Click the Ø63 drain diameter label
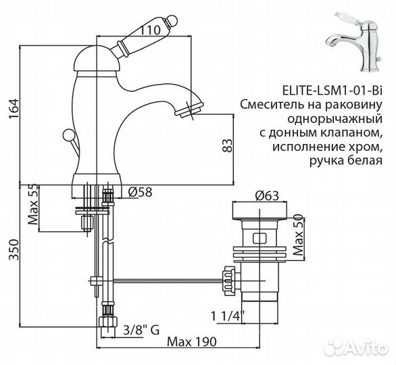[268, 197]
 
